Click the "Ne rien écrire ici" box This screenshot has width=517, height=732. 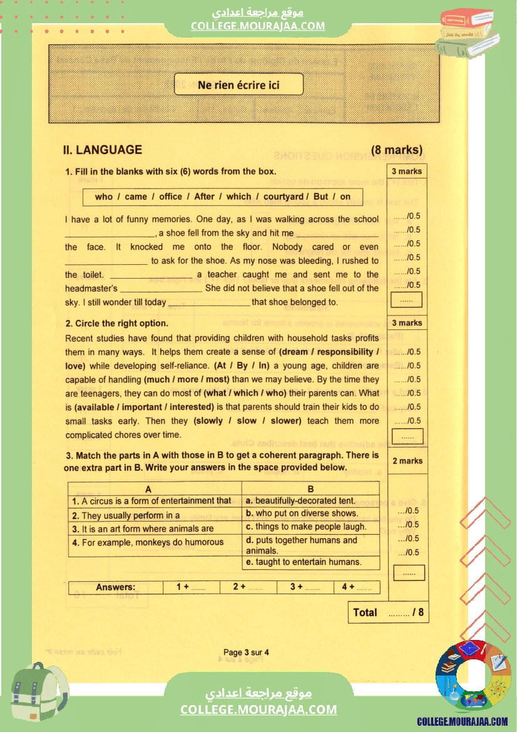238,85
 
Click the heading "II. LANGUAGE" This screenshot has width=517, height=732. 102,150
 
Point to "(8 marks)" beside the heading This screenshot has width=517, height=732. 396,150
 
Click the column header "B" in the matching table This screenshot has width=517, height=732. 310,489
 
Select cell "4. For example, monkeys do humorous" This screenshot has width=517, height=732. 148,542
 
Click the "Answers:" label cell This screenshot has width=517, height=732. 115,587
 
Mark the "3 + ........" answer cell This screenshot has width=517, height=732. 305,587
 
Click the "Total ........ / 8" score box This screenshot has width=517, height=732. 388,612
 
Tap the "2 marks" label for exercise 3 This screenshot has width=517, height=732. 407,461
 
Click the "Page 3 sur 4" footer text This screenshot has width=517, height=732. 246,652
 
